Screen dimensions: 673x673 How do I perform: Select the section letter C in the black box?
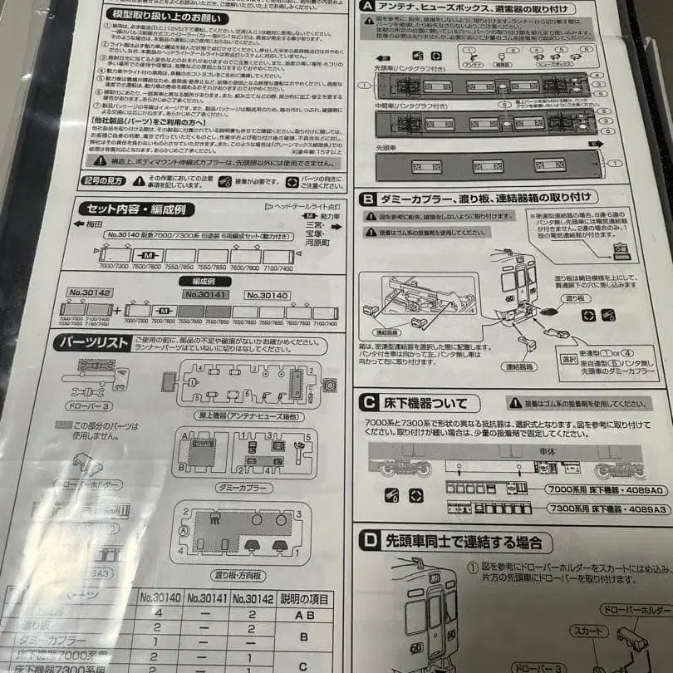tap(367, 403)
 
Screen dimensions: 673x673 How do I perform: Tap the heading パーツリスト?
tap(92, 342)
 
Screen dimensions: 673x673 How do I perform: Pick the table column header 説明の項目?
tap(302, 597)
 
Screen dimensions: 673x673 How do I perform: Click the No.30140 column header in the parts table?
tap(160, 597)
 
